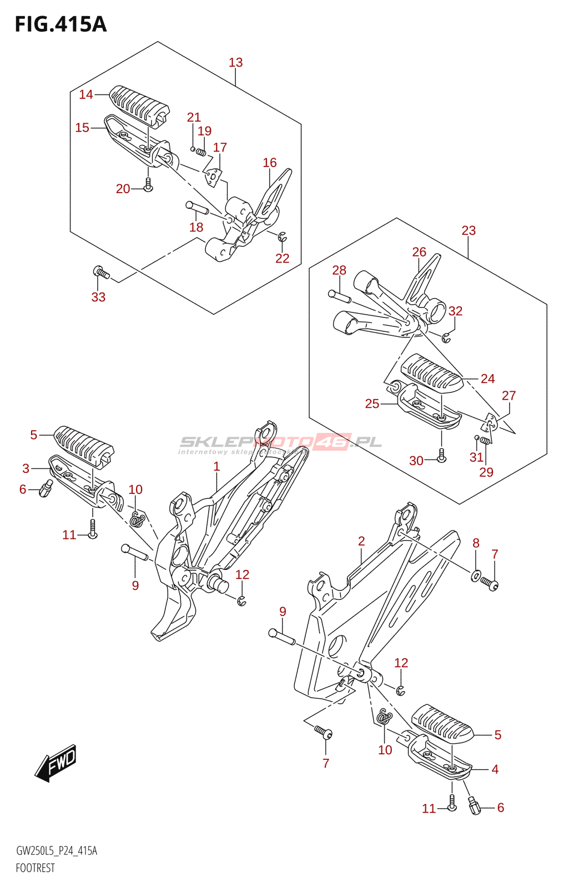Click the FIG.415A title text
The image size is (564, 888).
(x=61, y=24)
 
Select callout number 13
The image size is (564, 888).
(x=236, y=63)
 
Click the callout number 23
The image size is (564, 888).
(x=469, y=230)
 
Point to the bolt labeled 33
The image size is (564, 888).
(x=100, y=273)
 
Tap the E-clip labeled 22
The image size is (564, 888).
(x=282, y=238)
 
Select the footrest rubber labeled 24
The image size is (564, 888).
(x=431, y=373)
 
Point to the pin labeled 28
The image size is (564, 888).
(x=340, y=296)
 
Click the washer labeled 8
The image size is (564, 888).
(x=476, y=576)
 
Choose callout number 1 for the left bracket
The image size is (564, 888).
(x=216, y=467)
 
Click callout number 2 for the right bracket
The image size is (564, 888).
(x=361, y=541)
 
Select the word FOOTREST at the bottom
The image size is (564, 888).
(x=36, y=868)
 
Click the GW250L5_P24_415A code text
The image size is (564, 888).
(x=57, y=851)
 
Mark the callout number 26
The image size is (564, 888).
(x=419, y=252)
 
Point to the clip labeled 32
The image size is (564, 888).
(x=447, y=336)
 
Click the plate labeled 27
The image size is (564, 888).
(x=489, y=425)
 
